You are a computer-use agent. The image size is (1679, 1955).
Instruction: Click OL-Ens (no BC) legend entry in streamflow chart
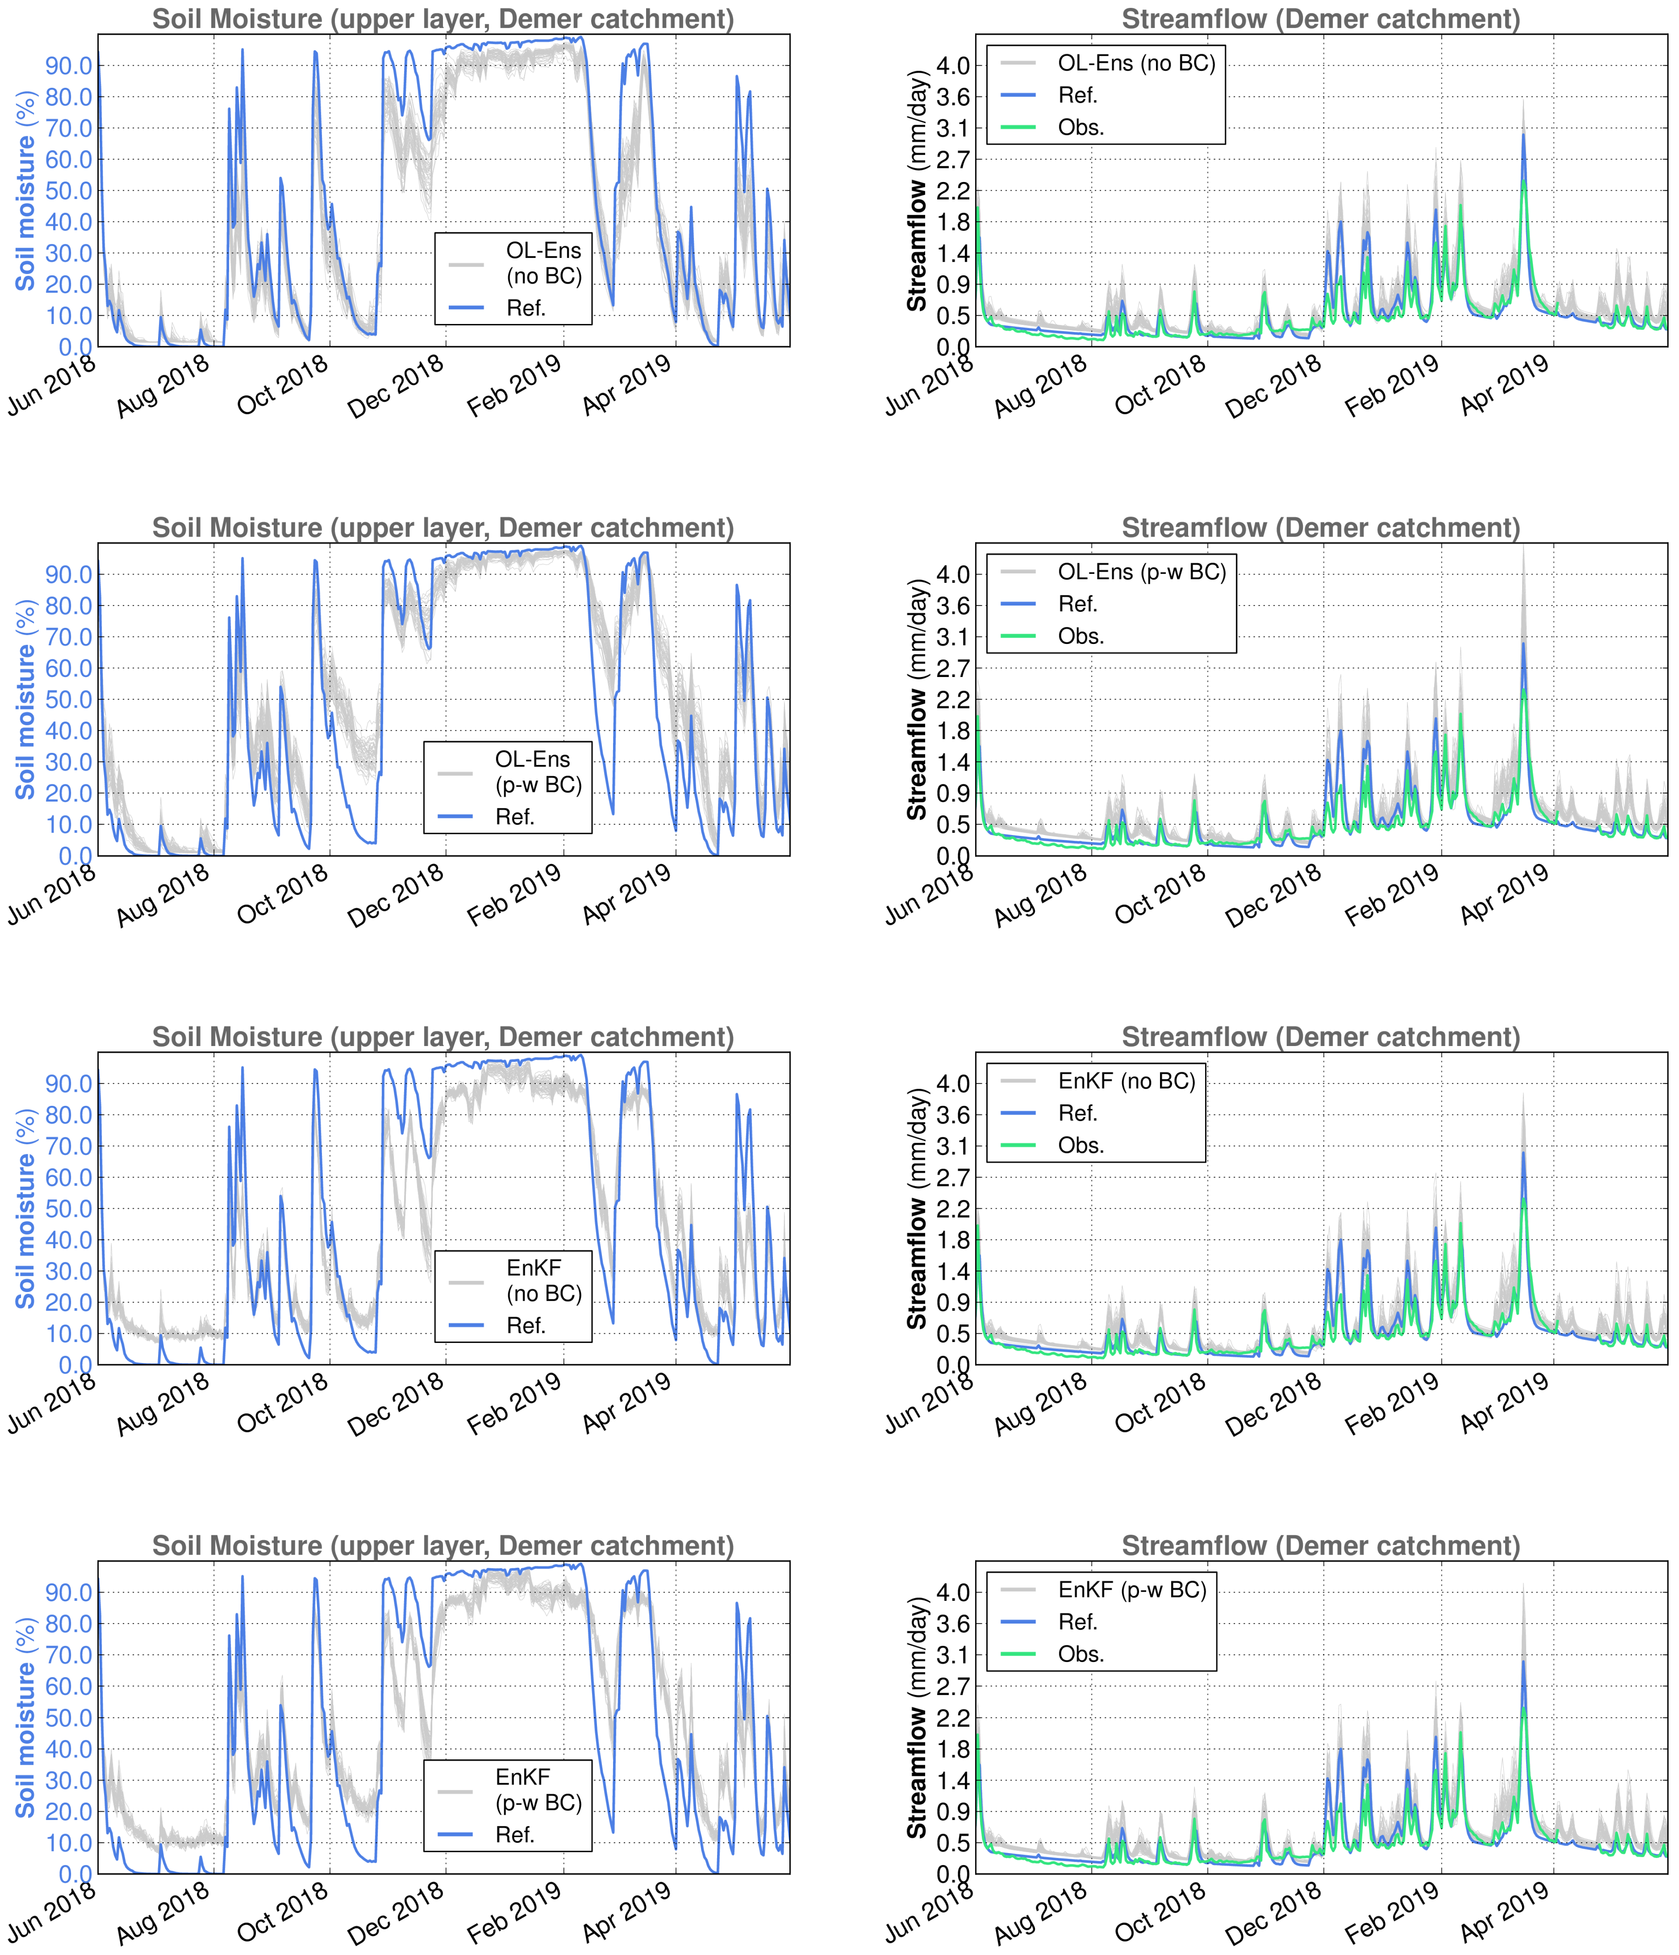point(1135,63)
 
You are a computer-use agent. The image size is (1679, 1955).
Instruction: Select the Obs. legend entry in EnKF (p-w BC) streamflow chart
point(1081,1654)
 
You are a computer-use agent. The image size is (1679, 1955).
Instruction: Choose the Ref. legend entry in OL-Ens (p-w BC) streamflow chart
point(1077,604)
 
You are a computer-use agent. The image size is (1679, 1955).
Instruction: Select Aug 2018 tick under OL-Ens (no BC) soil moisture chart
point(162,387)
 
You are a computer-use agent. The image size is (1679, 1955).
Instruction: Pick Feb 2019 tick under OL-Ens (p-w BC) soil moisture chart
point(514,896)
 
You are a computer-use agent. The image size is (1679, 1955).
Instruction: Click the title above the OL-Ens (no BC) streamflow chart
point(1320,19)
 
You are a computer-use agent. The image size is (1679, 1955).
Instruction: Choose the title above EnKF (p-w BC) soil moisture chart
point(443,1546)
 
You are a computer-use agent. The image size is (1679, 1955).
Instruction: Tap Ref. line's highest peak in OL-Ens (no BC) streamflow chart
point(1523,135)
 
